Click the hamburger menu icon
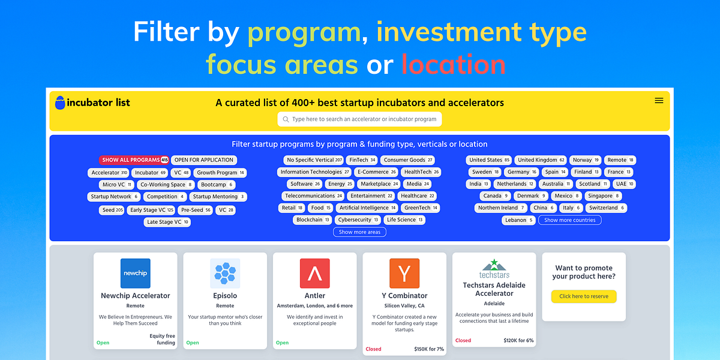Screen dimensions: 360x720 [x=659, y=101]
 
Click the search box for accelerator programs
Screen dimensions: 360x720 [x=359, y=119]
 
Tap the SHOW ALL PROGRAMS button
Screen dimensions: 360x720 [x=134, y=160]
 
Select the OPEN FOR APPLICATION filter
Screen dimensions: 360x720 [x=203, y=160]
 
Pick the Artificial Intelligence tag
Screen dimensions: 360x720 [x=367, y=208]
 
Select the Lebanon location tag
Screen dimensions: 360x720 [x=518, y=220]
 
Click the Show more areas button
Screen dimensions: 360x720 [x=359, y=232]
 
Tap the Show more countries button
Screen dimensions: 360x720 [x=569, y=220]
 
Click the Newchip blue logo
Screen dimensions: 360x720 [x=135, y=274]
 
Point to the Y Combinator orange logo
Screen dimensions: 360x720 [x=404, y=274]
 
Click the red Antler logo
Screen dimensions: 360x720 [x=315, y=274]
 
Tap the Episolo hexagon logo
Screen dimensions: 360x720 [x=225, y=274]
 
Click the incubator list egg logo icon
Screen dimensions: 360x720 [x=60, y=103]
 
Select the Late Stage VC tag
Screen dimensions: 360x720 [x=168, y=222]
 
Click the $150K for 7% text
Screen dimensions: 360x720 [x=429, y=349]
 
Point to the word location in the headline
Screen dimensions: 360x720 [x=454, y=65]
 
